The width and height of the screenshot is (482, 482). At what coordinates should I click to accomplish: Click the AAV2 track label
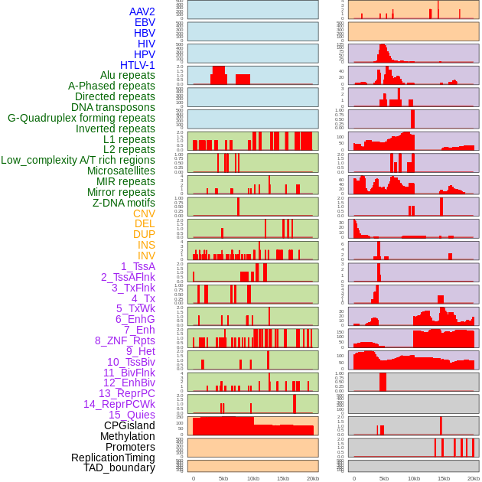pos(142,11)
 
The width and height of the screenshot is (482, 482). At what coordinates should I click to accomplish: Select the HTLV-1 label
pos(138,65)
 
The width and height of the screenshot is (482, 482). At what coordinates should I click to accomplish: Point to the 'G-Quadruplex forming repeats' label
pos(81,118)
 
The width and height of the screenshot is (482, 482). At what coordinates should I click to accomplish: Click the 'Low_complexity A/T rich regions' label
pos(78,160)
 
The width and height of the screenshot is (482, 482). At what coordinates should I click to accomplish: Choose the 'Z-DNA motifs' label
pos(124,203)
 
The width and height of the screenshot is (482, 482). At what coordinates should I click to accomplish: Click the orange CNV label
pos(144,213)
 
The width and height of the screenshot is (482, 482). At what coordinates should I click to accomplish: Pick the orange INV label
pos(146,256)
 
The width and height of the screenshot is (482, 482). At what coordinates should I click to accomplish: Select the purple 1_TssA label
pos(138,266)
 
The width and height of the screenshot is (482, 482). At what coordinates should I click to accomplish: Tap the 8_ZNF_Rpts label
pos(125,340)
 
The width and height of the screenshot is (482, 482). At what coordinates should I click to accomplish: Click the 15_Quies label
pos(132,415)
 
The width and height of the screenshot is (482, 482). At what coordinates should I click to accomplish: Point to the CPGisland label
pos(129,425)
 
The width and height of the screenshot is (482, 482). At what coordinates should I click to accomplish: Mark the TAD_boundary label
pos(119,467)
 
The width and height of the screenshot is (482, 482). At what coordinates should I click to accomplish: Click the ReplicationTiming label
pos(113,458)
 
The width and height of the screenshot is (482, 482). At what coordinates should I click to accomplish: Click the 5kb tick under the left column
pos(223,478)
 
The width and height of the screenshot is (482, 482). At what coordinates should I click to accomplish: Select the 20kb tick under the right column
pos(473,478)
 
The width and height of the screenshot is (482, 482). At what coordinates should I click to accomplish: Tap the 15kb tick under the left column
pos(282,478)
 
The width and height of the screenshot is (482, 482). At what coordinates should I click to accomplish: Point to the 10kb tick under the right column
pos(414,478)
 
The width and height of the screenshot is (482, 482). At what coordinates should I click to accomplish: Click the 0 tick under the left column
pos(193,478)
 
